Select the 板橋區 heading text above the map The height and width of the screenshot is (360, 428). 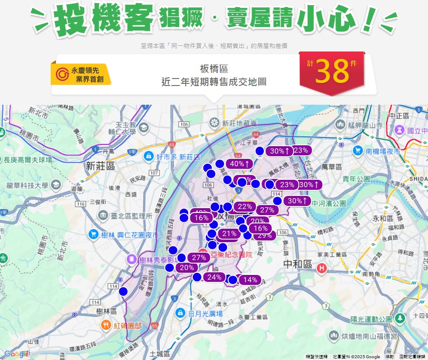[x=214, y=69]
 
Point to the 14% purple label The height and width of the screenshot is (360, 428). [x=250, y=280]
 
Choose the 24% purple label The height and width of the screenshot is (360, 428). [x=214, y=277]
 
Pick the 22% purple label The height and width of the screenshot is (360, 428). [x=245, y=207]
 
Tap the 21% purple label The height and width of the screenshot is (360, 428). [x=229, y=234]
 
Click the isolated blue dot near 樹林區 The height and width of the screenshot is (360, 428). [x=123, y=291]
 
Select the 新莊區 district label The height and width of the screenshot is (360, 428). [x=100, y=166]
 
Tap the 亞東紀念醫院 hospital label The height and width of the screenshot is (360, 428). [x=231, y=255]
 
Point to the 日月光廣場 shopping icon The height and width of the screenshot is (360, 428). [x=180, y=313]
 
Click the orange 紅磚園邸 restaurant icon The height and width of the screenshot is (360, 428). [x=106, y=325]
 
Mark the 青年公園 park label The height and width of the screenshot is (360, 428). [x=356, y=178]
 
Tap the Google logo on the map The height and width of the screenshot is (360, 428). [x=17, y=354]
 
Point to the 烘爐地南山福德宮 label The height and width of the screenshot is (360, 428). [x=369, y=336]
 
